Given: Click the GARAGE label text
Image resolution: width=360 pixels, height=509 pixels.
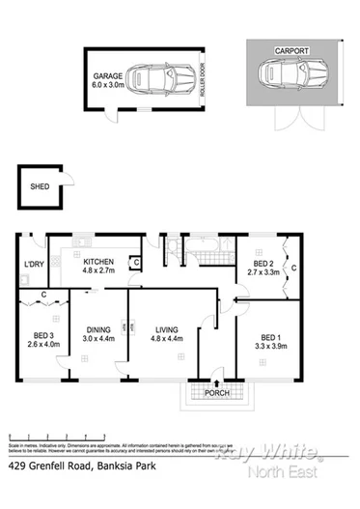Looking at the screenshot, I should coord(107,74).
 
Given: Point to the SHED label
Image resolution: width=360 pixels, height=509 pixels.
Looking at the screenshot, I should coord(41,187).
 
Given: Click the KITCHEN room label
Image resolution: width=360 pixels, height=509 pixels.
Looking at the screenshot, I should coord(99,263).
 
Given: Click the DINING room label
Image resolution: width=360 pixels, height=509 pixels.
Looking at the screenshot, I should coord(99,329).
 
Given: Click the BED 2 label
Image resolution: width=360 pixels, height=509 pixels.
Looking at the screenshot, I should coord(263,264).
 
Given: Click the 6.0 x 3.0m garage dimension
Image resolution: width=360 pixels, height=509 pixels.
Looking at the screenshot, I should coord(107,84).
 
